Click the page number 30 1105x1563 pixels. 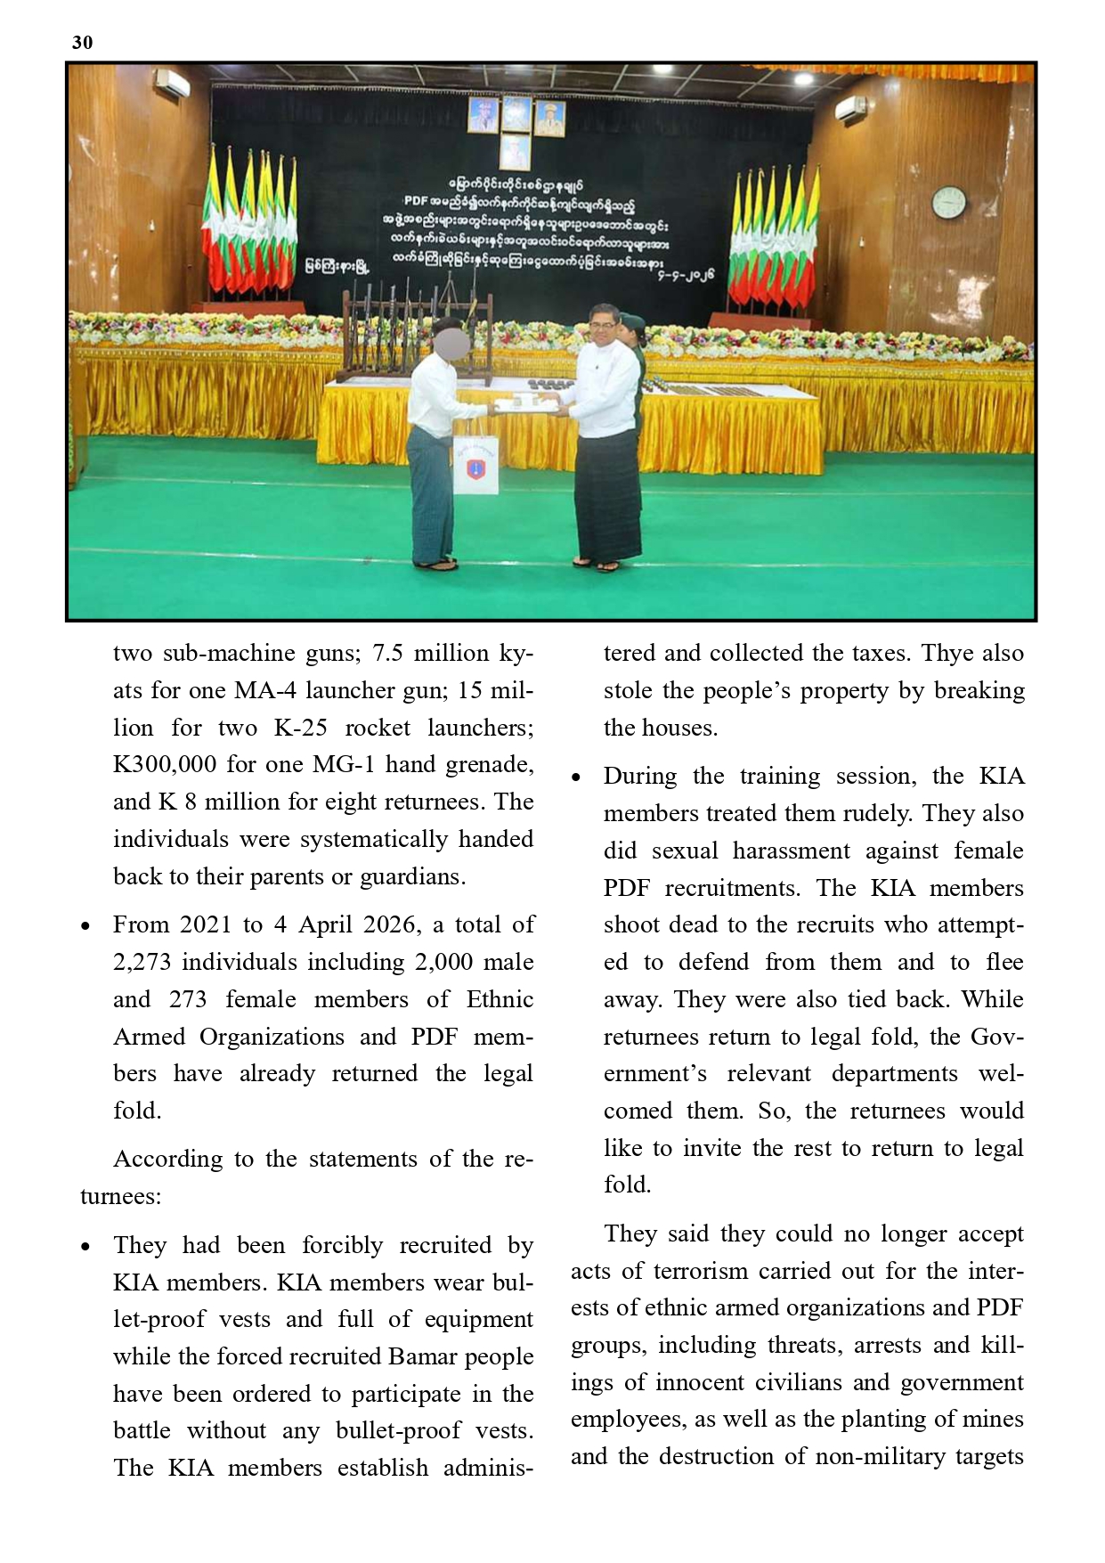82,43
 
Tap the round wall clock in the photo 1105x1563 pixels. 949,203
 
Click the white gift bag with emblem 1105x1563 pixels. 475,465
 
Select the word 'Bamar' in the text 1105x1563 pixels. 423,1356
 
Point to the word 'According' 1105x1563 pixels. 168,1160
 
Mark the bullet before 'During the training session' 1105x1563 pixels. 577,778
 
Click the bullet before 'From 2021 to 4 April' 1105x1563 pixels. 85,927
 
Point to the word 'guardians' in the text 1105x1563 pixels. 410,877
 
